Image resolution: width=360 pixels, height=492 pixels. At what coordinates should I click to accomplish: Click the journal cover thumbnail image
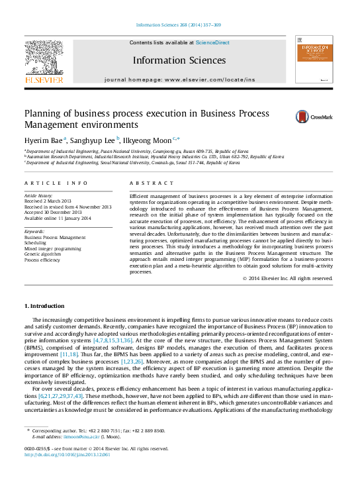click(x=314, y=60)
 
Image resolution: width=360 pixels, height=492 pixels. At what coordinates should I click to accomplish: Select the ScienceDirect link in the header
click(x=212, y=42)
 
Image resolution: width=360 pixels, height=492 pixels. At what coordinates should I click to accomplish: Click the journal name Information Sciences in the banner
click(x=179, y=60)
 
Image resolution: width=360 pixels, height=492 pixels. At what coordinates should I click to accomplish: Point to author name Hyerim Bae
click(x=44, y=140)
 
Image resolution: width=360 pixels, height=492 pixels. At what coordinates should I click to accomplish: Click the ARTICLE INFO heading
click(x=56, y=183)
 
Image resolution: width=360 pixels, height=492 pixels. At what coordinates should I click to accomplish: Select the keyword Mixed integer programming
click(x=52, y=248)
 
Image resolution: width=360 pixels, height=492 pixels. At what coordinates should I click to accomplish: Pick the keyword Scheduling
click(x=36, y=242)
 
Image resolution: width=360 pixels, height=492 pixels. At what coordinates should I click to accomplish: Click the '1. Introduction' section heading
click(x=44, y=306)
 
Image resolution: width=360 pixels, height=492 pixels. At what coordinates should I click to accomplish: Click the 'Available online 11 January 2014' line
click(x=58, y=219)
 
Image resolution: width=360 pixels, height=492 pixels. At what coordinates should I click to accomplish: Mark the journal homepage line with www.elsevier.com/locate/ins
click(x=179, y=79)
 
